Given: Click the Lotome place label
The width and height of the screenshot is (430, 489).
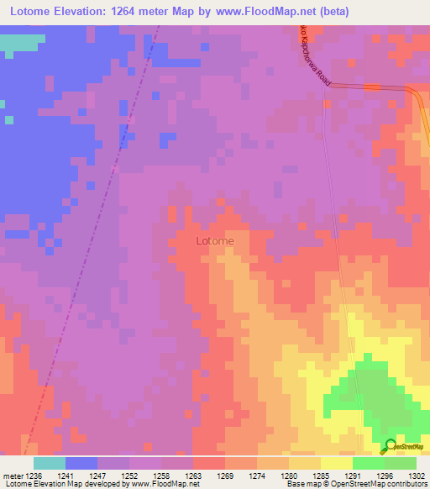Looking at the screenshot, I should [214, 241].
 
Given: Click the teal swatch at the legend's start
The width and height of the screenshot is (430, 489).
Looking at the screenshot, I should [50, 463].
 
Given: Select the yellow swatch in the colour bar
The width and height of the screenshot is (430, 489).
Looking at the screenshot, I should [336, 463].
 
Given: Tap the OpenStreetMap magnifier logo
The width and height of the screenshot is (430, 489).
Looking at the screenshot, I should [391, 446].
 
